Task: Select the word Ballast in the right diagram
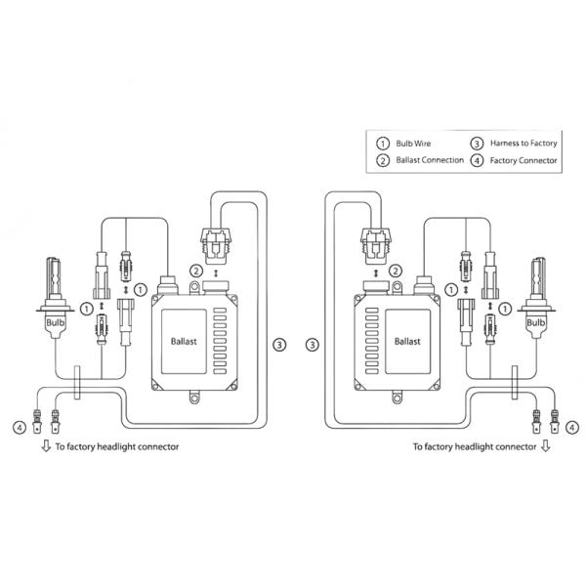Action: (407, 342)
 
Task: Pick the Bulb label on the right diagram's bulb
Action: (535, 319)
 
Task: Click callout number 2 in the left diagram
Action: (196, 271)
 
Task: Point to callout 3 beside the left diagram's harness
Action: (279, 344)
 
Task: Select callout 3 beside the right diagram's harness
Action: (312, 344)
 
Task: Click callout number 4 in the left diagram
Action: (19, 427)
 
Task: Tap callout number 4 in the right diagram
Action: (571, 427)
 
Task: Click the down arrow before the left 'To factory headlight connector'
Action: (45, 446)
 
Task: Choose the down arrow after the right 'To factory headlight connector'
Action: (545, 446)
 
